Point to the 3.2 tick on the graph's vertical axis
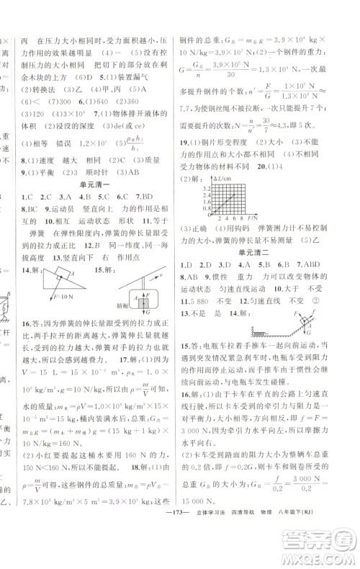point(207,188)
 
